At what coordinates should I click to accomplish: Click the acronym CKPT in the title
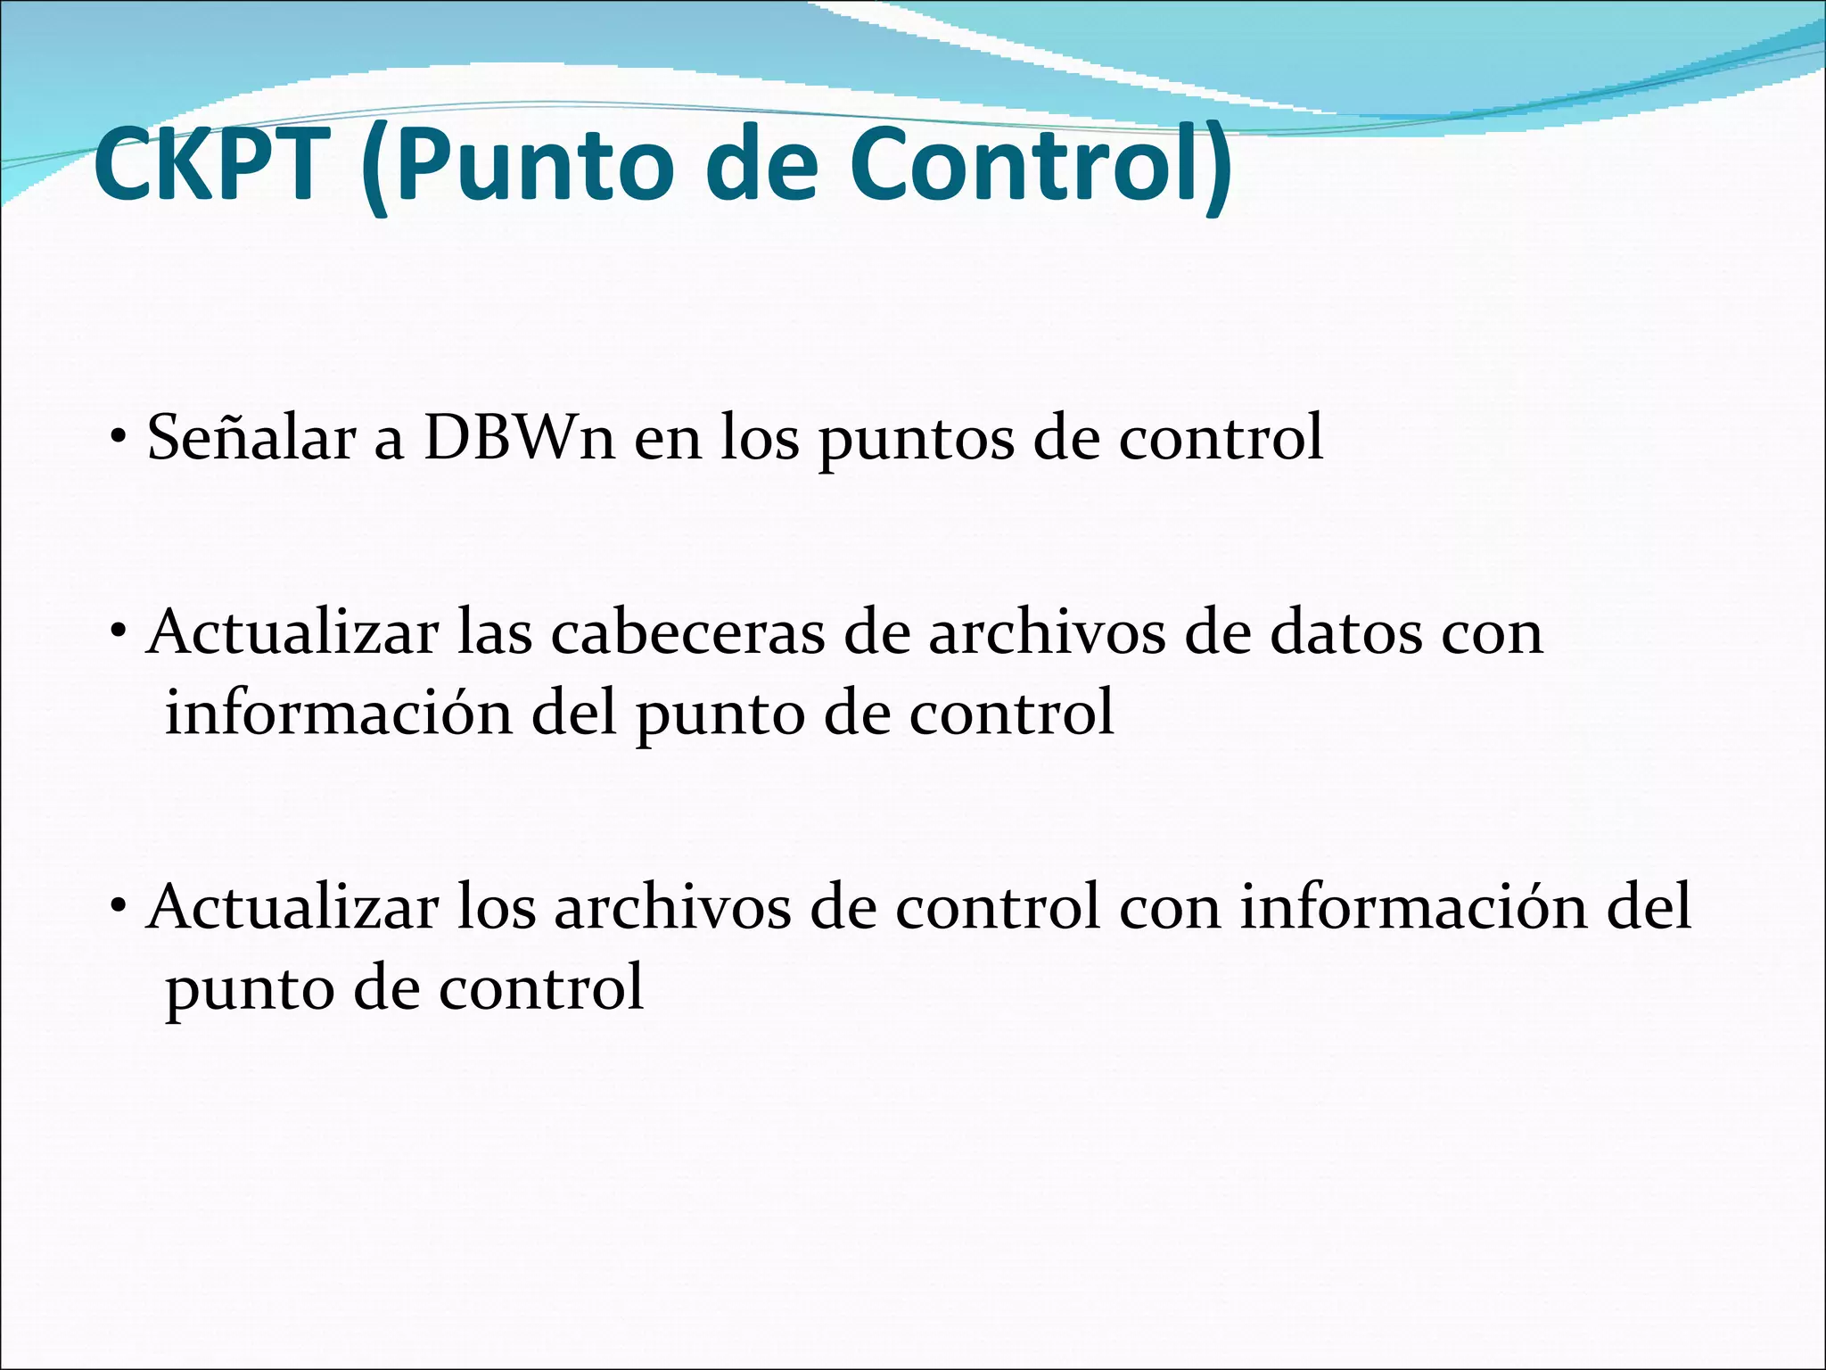click(x=207, y=166)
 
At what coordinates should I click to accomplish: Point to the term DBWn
click(x=520, y=438)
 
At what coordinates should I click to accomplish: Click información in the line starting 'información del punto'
click(x=339, y=714)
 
